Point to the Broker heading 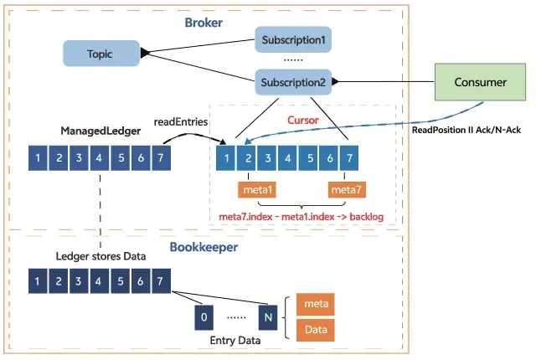204,23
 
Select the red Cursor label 302,121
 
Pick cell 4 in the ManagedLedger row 100,157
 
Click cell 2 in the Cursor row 246,157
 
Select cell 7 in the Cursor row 350,157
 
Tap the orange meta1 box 257,192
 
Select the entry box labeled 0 204,316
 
